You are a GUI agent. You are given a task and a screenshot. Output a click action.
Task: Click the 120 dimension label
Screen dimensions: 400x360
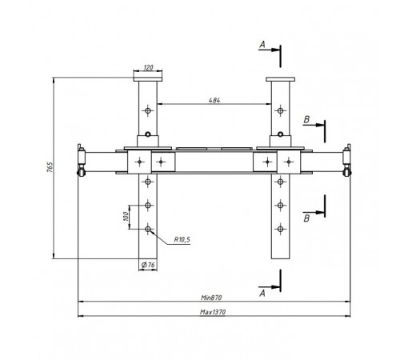(148, 67)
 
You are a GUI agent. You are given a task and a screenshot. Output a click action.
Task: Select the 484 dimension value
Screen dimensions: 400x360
(214, 100)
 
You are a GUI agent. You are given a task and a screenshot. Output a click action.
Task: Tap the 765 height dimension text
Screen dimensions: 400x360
(50, 167)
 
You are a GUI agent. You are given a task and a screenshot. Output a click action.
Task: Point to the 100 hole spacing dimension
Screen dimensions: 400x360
(126, 216)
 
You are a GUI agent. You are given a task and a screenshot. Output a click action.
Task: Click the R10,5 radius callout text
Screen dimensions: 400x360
(182, 239)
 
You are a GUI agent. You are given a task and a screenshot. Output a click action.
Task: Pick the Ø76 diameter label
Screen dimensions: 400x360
(148, 265)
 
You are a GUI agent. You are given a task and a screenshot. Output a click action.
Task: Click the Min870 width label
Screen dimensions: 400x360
(211, 298)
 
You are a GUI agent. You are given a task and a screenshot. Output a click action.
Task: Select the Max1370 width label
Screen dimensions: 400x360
(213, 312)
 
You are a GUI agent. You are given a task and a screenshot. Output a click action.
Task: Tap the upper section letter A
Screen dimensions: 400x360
(262, 45)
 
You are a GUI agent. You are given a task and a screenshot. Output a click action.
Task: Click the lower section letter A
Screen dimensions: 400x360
(262, 294)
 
